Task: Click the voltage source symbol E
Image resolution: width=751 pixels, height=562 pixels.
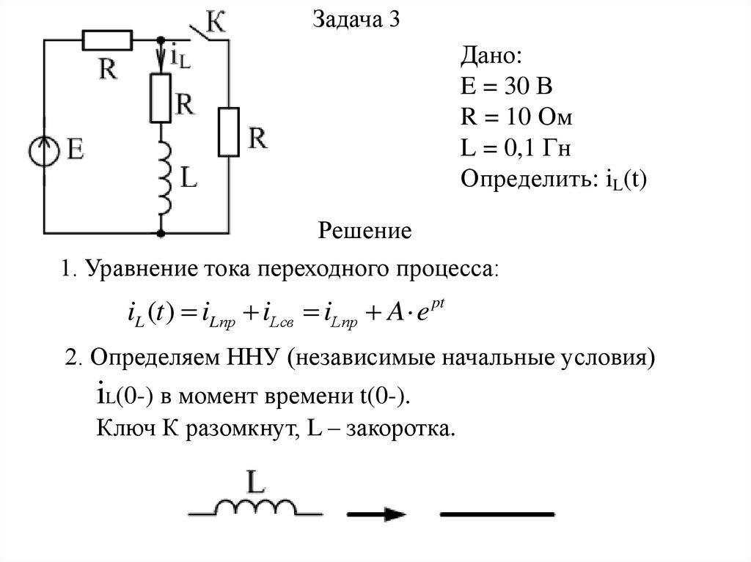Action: pos(45,149)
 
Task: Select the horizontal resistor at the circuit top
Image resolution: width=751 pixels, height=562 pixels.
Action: pos(107,40)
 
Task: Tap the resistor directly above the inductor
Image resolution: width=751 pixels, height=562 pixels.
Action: pos(160,97)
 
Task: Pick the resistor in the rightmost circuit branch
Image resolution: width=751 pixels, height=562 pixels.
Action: pos(229,132)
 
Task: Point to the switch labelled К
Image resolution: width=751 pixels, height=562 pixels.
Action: pos(208,33)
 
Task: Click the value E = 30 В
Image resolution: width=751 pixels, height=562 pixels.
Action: pos(506,88)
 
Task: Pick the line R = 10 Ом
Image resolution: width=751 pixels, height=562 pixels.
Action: pos(516,119)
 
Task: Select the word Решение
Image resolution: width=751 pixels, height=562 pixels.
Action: pos(364,232)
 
